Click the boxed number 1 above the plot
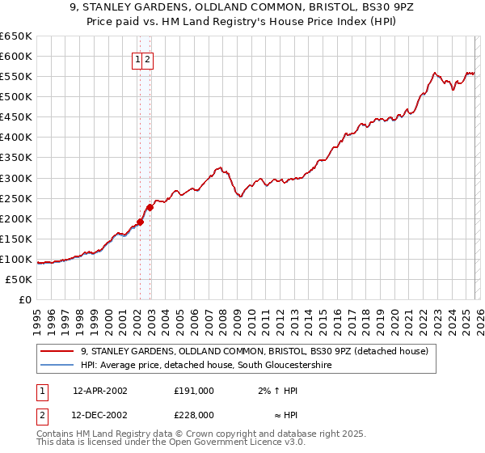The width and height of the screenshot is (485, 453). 138,59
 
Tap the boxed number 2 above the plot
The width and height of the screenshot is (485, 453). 149,59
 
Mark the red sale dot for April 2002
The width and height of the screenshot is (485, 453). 141,222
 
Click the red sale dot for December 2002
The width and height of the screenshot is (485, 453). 150,207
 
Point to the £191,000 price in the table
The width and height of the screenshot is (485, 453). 194,390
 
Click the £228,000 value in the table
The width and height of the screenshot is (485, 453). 194,414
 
